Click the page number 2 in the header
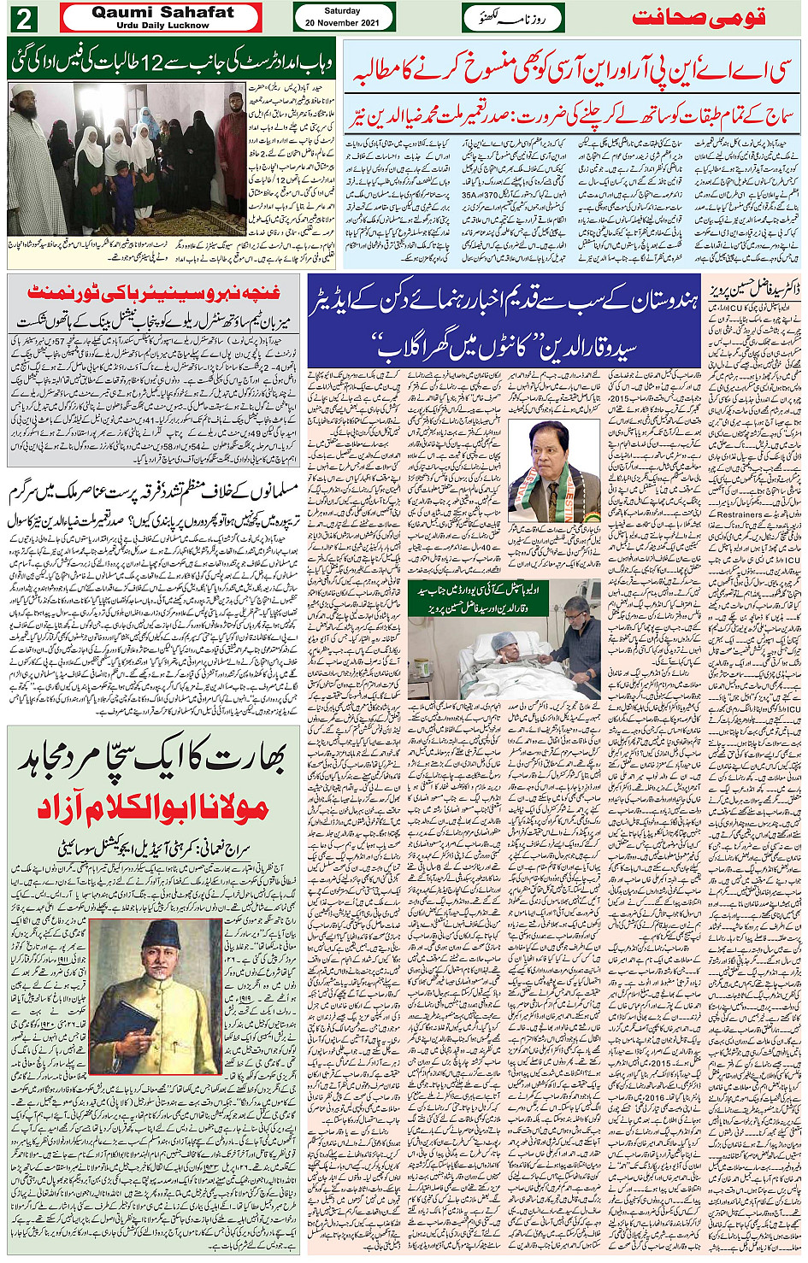pyautogui.click(x=24, y=18)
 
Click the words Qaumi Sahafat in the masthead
pyautogui.click(x=162, y=12)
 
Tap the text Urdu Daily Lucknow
pyautogui.click(x=162, y=26)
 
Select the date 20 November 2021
pyautogui.click(x=343, y=23)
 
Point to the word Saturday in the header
pyautogui.click(x=342, y=11)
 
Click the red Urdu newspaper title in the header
pyautogui.click(x=697, y=18)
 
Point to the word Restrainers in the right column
pyautogui.click(x=734, y=514)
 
